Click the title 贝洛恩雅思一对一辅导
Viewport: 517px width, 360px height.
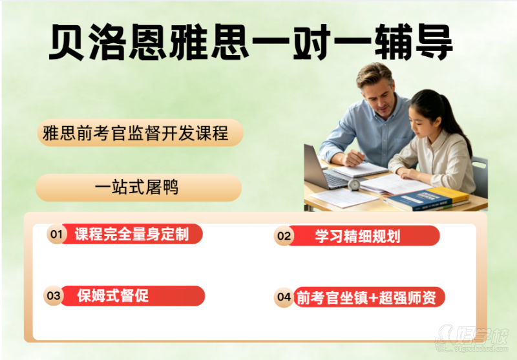[x=251, y=42]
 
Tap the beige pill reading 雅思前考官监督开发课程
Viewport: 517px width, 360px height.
[x=140, y=133]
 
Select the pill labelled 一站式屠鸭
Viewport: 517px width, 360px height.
[x=138, y=187]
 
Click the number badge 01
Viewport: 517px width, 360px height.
[x=57, y=234]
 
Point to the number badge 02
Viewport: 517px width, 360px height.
[x=284, y=236]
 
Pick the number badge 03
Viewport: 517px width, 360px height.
[x=54, y=295]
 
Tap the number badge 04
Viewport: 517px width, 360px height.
[x=284, y=297]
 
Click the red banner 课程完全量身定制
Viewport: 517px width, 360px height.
[x=132, y=234]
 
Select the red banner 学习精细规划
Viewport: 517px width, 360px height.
[x=364, y=236]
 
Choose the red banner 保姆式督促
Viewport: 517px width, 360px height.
[x=132, y=296]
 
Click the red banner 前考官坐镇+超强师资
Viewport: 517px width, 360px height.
[x=368, y=297]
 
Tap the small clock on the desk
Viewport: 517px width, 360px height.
[x=354, y=185]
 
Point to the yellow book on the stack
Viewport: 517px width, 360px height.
[x=450, y=195]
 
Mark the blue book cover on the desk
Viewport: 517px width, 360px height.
[x=416, y=199]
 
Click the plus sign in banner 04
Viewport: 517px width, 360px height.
[x=373, y=297]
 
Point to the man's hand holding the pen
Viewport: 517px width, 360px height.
[x=353, y=158]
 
